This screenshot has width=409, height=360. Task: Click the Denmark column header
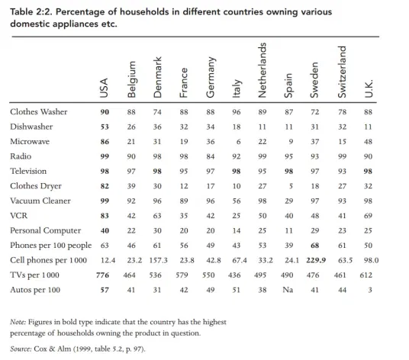[x=157, y=77]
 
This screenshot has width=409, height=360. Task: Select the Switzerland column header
[x=342, y=72]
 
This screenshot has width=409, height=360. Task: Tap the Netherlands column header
[x=262, y=70]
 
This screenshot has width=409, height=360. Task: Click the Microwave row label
[x=30, y=142]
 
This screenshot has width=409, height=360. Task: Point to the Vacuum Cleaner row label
[x=40, y=201]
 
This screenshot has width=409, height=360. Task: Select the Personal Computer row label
[x=46, y=230]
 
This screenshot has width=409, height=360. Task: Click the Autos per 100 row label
[x=35, y=290]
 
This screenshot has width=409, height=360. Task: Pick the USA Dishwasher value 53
[x=105, y=127]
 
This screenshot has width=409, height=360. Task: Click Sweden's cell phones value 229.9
[x=316, y=260]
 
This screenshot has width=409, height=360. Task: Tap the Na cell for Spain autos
[x=288, y=290]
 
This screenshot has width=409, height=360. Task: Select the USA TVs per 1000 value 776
[x=102, y=275]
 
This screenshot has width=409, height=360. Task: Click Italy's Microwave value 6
[x=238, y=142]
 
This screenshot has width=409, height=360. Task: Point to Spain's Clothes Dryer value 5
[x=291, y=186]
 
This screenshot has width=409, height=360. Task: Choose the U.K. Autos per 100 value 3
[x=370, y=290]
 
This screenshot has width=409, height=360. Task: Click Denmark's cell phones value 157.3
[x=158, y=260]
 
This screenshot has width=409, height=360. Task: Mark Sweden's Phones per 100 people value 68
[x=315, y=246]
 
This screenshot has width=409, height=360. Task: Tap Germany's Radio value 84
[x=211, y=156]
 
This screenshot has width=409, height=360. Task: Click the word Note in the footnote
[x=18, y=322]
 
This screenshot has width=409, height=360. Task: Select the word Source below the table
[x=21, y=349]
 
